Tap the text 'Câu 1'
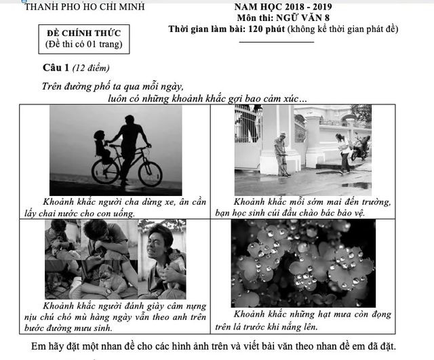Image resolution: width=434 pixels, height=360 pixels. tap(56, 68)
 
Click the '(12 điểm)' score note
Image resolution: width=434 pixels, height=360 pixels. tap(92, 68)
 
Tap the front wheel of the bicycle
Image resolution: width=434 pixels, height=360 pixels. tap(150, 173)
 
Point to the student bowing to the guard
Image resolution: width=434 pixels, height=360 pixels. tap(343, 151)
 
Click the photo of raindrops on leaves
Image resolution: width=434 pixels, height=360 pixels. tap(302, 263)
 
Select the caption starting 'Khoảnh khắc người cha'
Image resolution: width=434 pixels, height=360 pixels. tap(113, 207)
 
